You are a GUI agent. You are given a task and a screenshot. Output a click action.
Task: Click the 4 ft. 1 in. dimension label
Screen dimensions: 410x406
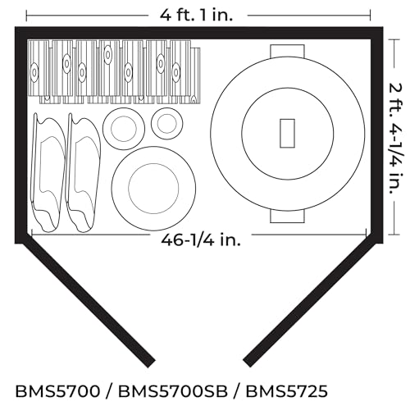[196, 15]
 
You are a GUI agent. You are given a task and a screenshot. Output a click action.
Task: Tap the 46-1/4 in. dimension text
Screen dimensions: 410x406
[201, 240]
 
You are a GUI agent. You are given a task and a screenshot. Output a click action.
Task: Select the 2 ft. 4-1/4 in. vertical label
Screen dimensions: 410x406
[395, 138]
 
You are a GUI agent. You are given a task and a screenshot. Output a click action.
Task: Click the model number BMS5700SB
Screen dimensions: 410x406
[173, 391]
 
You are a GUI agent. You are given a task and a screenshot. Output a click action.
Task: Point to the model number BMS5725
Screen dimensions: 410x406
[286, 391]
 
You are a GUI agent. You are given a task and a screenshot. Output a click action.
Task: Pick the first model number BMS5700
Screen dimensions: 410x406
[57, 391]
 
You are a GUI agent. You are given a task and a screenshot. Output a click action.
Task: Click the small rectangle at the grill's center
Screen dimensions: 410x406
[287, 134]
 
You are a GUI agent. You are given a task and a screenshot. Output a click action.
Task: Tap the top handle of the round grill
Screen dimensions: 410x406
[287, 51]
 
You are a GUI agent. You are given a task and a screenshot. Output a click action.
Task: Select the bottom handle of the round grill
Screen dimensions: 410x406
[287, 216]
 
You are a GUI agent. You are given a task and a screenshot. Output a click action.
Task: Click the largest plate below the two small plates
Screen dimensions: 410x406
[153, 189]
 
